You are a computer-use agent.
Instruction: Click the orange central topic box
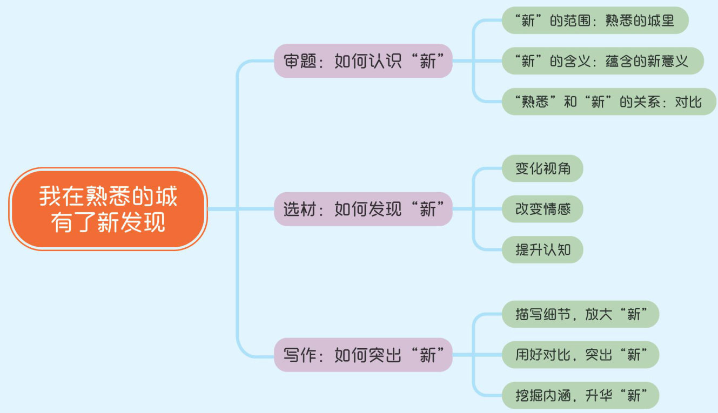108,209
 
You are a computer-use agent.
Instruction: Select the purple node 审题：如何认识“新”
363,61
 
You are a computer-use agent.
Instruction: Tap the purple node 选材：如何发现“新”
363,209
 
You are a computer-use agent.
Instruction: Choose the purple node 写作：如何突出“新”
363,355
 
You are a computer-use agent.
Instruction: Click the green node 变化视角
542,169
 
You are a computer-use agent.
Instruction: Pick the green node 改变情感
542,209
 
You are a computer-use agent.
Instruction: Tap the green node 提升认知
542,249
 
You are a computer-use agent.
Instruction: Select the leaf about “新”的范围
595,21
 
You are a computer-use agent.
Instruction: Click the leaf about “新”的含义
602,61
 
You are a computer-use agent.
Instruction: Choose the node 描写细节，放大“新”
580,314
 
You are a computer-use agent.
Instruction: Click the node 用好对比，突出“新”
580,355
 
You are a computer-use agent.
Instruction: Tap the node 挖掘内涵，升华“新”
580,395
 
